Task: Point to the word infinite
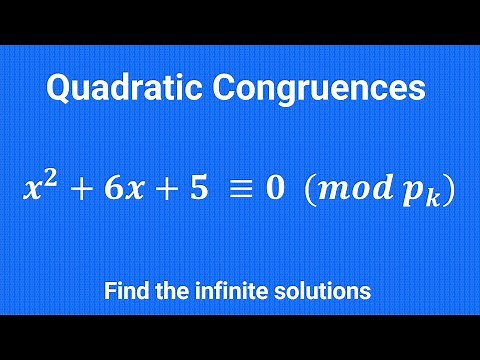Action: click(x=225, y=292)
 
